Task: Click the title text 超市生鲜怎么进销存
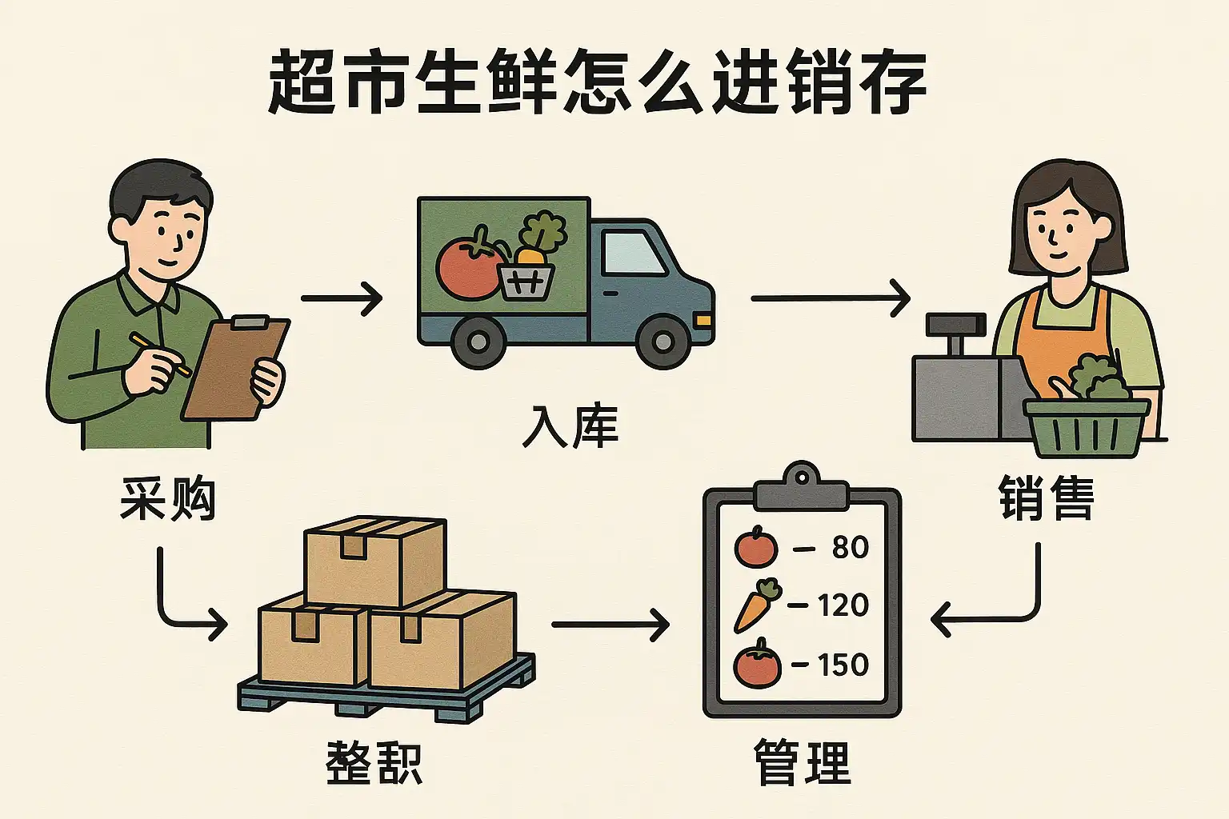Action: (x=596, y=82)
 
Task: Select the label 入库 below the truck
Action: (x=570, y=426)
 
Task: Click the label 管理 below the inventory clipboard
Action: (x=802, y=762)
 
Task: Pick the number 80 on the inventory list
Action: (x=850, y=548)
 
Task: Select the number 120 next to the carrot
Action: (x=843, y=605)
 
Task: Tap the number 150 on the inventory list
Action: (x=843, y=665)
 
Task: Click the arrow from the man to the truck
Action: (x=342, y=298)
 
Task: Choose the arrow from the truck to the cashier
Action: (x=831, y=298)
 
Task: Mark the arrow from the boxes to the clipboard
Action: (x=610, y=624)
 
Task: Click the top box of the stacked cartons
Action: (x=374, y=560)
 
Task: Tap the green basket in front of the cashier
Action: (x=1087, y=427)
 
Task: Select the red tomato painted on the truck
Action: (x=468, y=268)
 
